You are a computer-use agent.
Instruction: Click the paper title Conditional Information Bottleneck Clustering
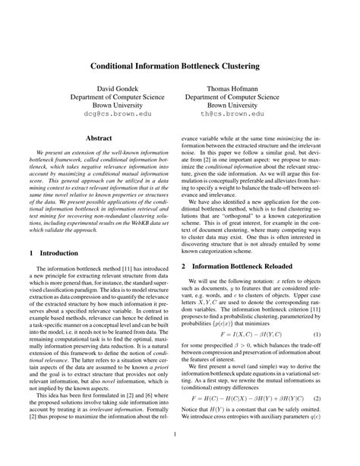[x=180, y=67]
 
